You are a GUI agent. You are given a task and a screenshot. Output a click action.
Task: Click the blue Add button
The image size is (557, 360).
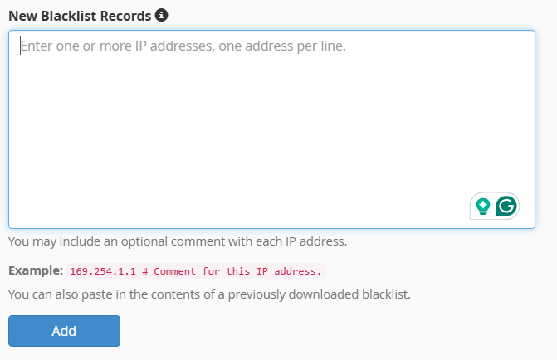64,331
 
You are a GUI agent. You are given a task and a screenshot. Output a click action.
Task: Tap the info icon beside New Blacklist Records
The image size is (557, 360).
161,15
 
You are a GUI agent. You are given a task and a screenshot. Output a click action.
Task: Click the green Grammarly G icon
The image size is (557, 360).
506,206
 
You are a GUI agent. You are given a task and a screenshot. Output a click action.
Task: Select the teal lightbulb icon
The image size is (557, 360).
483,207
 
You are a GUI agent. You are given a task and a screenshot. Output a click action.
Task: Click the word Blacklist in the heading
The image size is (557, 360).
69,16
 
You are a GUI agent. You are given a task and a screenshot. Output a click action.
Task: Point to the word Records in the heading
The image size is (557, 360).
125,16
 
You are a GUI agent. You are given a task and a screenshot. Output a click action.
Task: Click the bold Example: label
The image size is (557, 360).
36,270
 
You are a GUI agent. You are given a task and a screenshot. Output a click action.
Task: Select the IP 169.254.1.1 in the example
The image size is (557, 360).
103,271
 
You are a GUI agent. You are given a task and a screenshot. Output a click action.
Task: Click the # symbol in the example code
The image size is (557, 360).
145,271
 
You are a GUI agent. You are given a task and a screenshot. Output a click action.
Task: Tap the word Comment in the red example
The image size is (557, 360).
175,271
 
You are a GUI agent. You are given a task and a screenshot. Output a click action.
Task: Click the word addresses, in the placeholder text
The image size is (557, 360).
183,46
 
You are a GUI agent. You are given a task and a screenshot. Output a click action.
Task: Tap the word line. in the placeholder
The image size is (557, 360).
334,46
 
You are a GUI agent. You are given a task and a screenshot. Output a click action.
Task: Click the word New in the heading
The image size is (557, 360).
22,16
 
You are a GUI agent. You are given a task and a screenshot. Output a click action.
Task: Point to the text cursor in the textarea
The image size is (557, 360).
20,46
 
